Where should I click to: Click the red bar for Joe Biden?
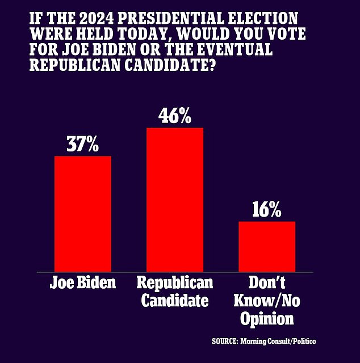82,213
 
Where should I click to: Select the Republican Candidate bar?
175,200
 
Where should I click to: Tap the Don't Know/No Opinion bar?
267,246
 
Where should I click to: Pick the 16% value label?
267,210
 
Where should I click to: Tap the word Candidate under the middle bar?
175,300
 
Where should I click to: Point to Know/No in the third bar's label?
266,300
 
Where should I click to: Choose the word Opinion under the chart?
266,318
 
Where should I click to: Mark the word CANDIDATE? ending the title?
161,67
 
